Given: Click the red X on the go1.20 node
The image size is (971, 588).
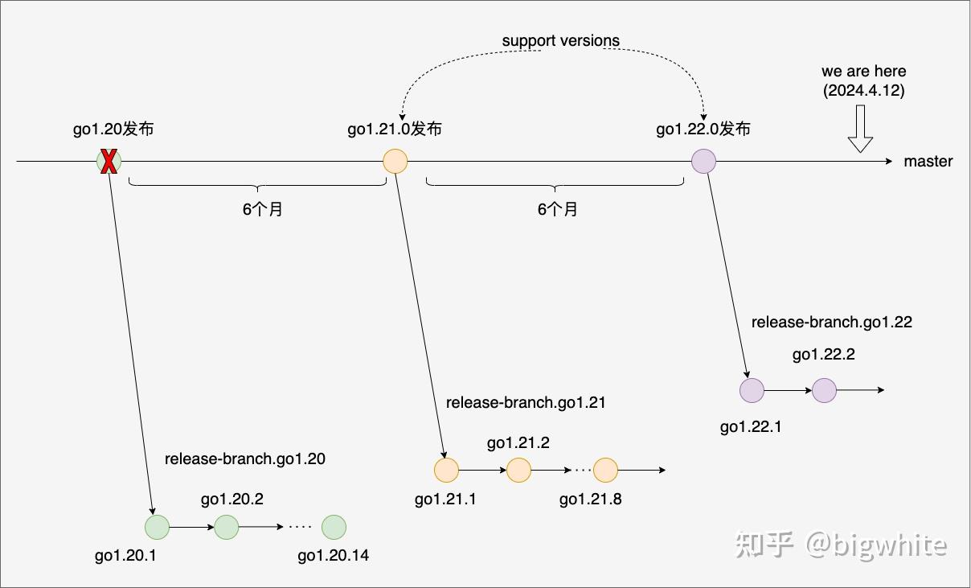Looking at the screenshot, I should (x=109, y=162).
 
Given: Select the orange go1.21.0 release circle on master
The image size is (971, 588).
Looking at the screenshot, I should (x=395, y=162).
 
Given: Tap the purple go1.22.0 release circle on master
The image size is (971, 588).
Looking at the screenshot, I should (x=703, y=162).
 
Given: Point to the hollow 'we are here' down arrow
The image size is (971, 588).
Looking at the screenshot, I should (x=860, y=132).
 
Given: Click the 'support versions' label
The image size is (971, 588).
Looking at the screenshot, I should (x=561, y=40).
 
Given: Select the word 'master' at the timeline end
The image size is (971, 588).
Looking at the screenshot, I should (x=928, y=162).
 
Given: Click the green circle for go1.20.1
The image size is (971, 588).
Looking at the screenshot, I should (x=157, y=528).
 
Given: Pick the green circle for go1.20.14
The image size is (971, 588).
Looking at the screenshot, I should (x=334, y=528).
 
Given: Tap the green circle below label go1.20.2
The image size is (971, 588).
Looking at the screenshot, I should (x=227, y=528).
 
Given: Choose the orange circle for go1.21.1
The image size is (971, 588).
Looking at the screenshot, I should (x=446, y=470).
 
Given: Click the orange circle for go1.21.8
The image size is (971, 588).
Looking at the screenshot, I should (x=604, y=470).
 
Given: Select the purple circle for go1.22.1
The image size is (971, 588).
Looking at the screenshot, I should (x=752, y=390).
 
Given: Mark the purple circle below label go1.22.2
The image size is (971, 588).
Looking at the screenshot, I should (x=825, y=390).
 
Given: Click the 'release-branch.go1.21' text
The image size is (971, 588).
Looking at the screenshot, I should (x=526, y=402).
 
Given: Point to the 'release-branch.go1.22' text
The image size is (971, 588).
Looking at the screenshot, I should (x=832, y=322).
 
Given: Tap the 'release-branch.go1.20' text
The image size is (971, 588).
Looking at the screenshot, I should (x=245, y=458).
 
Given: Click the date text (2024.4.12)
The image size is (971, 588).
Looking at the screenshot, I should (x=864, y=91).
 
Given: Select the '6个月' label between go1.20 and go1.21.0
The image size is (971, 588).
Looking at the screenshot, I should (x=263, y=210).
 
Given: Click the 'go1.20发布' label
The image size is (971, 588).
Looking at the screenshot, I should (x=113, y=129).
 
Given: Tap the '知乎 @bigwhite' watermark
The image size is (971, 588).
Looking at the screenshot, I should (x=840, y=545).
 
